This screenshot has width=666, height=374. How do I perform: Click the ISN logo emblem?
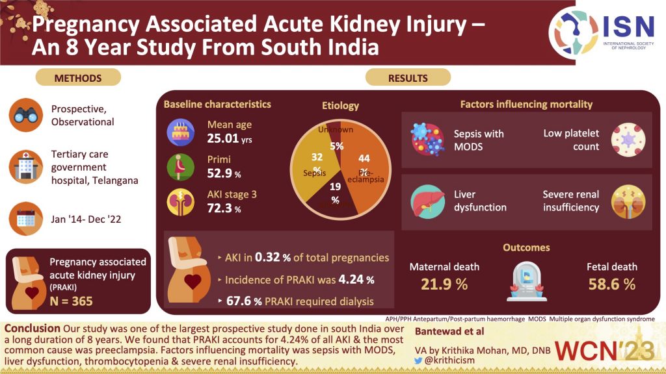[572, 32]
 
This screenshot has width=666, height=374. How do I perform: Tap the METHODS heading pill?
[77, 78]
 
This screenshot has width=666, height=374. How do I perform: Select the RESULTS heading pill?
[408, 78]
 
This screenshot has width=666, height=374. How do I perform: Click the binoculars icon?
[26, 115]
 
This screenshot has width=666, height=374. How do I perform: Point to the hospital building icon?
[26, 168]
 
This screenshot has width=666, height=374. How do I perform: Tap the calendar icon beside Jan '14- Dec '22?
[26, 219]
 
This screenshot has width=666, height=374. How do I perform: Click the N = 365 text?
[72, 301]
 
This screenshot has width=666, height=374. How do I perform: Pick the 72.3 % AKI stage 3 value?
[220, 209]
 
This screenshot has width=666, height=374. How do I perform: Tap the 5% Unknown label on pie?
[336, 146]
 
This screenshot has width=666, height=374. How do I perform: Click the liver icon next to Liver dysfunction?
[427, 201]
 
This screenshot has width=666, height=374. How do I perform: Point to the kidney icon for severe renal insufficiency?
[628, 201]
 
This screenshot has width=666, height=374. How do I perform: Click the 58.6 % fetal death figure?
[611, 284]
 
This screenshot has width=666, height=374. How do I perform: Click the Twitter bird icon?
[418, 360]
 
